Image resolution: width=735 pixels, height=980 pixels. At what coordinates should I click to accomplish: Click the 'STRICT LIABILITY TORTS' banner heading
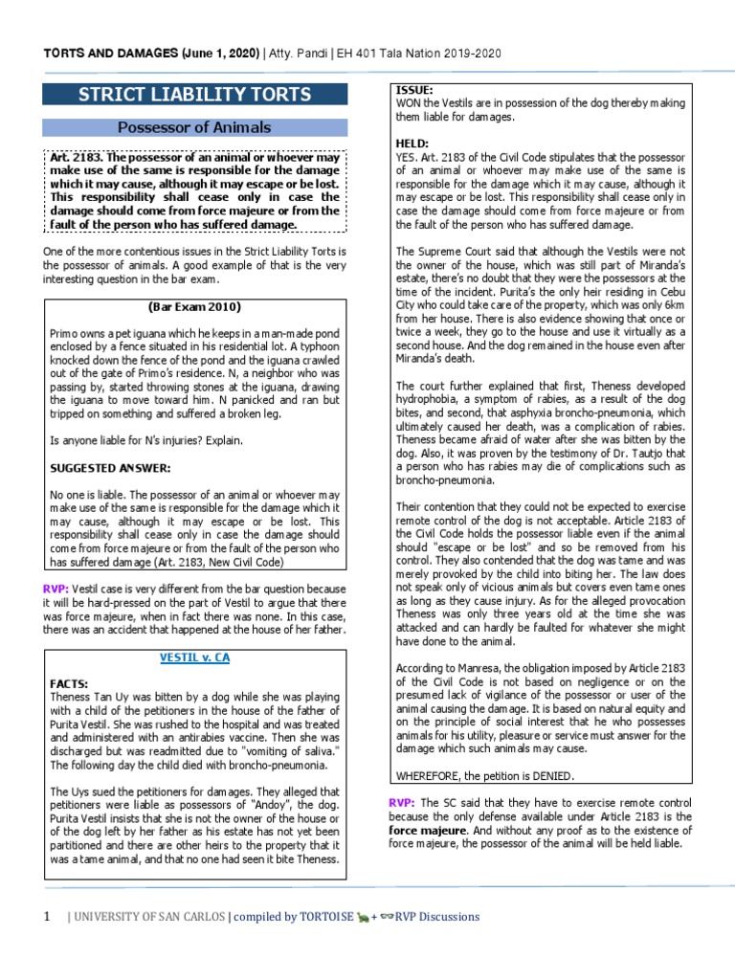(194, 94)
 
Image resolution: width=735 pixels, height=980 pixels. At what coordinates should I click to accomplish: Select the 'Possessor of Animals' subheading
(194, 127)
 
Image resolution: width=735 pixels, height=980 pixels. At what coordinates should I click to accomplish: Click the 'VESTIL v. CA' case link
(194, 658)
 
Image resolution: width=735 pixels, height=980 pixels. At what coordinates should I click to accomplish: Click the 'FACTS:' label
(69, 684)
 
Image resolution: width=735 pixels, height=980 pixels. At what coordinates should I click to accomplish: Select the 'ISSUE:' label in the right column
(413, 90)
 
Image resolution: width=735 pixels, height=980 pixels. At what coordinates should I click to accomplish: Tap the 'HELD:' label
(412, 143)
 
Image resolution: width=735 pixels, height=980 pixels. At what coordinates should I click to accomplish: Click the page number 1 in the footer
(45, 917)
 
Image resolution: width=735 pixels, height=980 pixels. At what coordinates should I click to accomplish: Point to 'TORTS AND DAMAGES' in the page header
(106, 54)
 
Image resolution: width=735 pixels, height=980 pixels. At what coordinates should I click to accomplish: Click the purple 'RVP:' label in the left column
(54, 589)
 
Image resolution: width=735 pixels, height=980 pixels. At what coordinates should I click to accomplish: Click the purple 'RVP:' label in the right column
(401, 803)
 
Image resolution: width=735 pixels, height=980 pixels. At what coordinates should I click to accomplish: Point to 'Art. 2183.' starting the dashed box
(75, 156)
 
